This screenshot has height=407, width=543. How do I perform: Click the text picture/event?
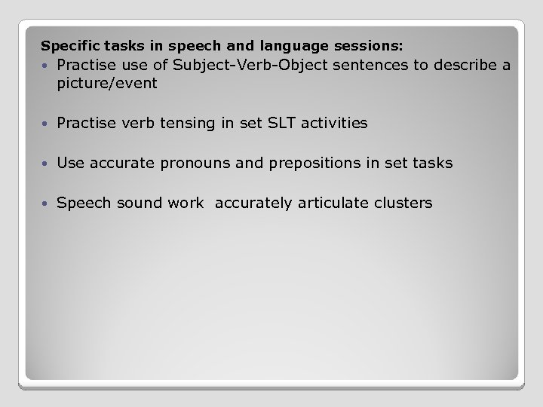tap(107, 83)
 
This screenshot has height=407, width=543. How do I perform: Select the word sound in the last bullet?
tap(133, 203)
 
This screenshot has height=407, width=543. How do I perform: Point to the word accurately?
tap(253, 203)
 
